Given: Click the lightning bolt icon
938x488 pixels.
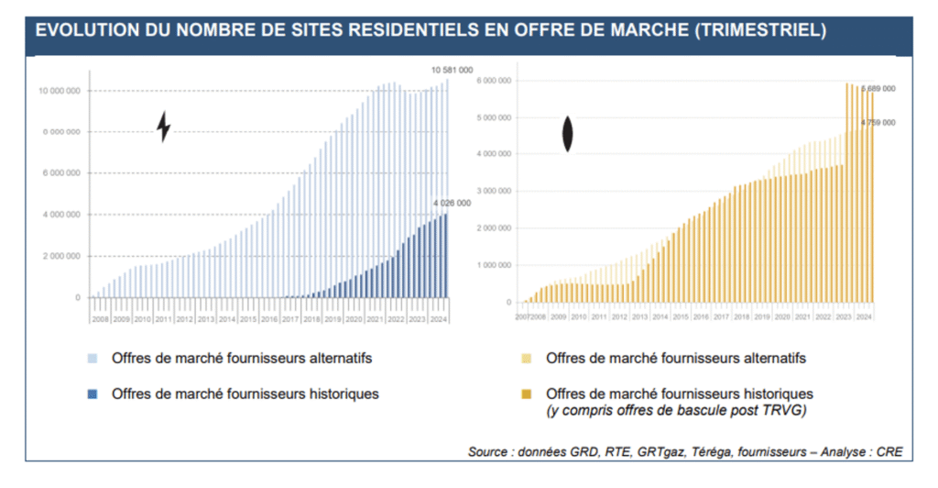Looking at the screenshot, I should click(164, 127).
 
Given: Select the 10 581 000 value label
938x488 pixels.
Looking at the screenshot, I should click(452, 70).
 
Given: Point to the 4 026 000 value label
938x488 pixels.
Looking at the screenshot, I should click(452, 203).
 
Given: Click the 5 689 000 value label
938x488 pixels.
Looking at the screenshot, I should click(877, 89).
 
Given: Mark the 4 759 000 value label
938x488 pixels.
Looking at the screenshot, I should click(877, 122).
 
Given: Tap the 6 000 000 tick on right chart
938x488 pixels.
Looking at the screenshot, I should click(495, 81).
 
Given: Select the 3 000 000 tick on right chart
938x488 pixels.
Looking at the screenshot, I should click(495, 192).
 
